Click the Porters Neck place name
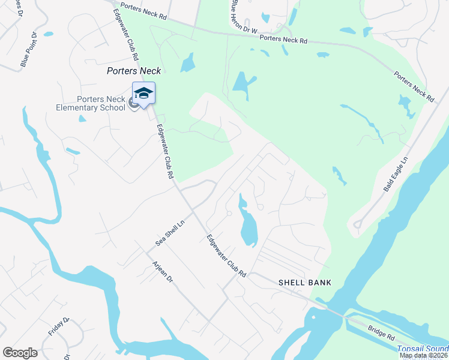click(134, 70)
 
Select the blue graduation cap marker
click(143, 94)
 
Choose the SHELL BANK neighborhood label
click(304, 282)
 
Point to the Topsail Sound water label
click(423, 349)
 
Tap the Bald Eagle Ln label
click(396, 175)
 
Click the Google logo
click(20, 353)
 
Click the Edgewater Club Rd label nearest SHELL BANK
click(226, 256)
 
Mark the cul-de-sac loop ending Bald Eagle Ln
click(357, 225)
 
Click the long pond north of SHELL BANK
click(248, 225)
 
